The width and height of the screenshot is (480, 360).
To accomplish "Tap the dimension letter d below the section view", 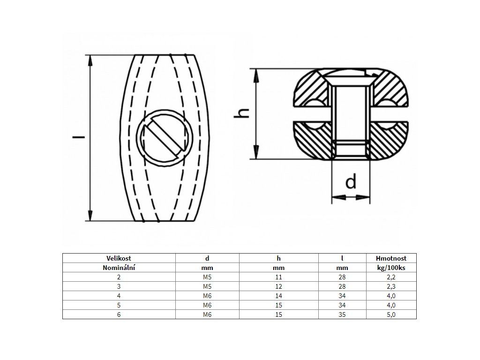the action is tap(351, 182).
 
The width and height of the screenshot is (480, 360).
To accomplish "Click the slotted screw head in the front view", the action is tap(164, 138).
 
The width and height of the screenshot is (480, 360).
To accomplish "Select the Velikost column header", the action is tap(119, 258).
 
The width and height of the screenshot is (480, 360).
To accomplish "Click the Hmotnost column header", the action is tap(390, 258).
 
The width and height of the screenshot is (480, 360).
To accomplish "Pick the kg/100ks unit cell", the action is tap(390, 268).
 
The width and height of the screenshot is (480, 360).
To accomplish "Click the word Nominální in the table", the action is tap(119, 268).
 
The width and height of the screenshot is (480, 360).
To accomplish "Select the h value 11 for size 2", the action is tap(278, 277).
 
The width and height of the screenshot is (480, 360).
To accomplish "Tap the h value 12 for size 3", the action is tap(278, 286).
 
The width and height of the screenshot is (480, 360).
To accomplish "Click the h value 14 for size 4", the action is tap(278, 296).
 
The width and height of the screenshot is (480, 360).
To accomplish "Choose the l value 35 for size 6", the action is tap(343, 315).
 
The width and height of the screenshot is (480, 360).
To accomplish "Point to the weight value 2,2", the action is tap(391, 277).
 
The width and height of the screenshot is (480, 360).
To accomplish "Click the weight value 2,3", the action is tap(391, 286).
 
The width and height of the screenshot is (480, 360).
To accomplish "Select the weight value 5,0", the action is tap(391, 315).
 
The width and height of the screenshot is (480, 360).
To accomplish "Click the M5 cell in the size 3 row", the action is tap(207, 286).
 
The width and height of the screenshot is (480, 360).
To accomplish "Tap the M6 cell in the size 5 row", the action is tap(207, 305).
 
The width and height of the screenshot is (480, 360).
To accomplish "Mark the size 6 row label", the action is tap(119, 315).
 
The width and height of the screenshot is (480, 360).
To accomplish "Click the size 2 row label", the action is tap(119, 277).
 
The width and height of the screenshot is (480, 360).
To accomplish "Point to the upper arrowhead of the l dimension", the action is tap(89, 58).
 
